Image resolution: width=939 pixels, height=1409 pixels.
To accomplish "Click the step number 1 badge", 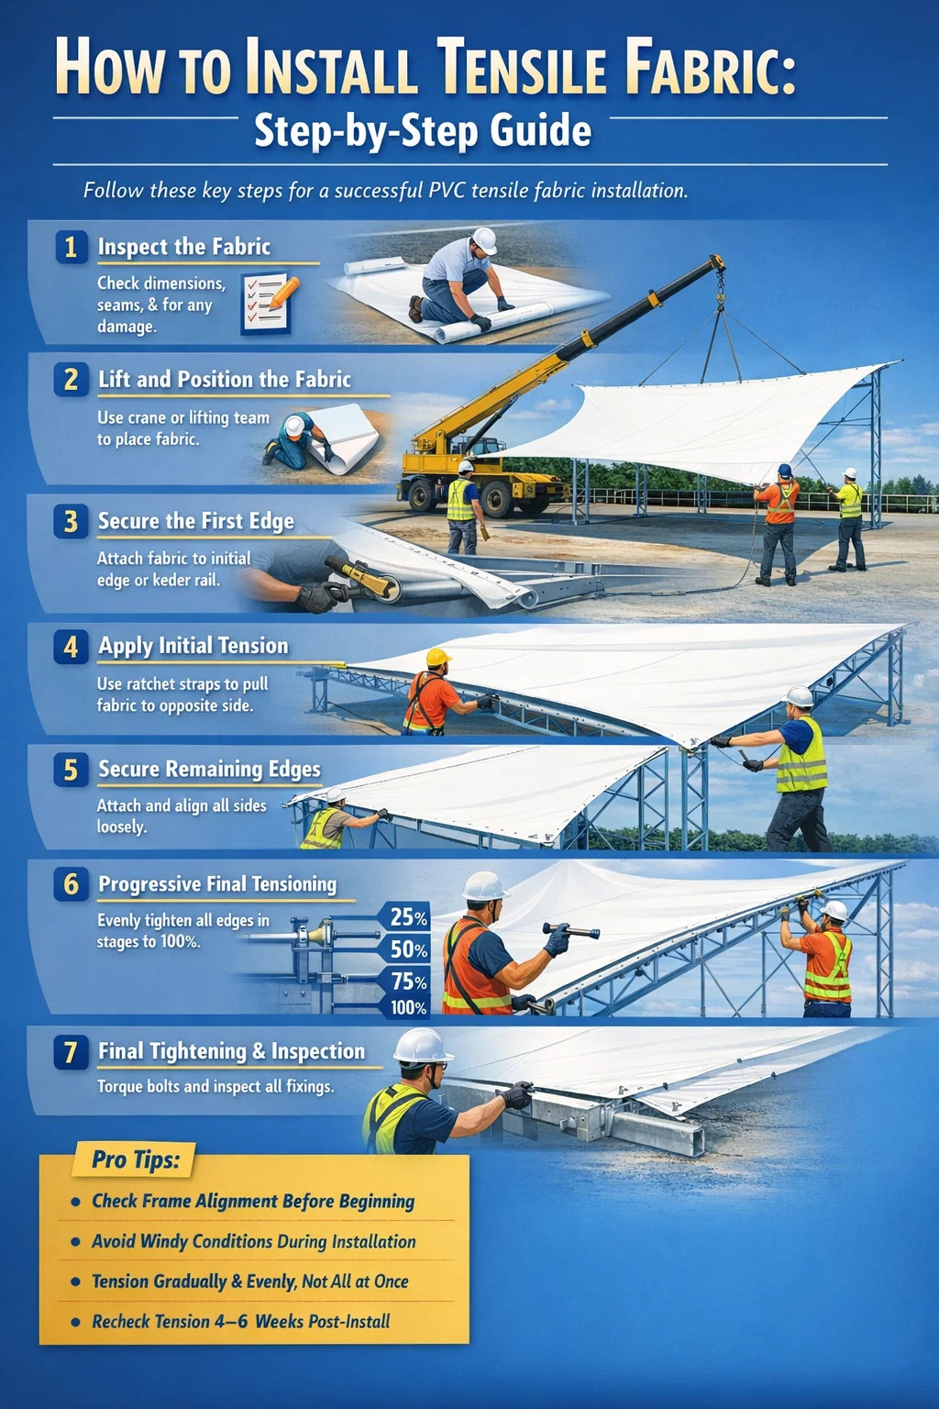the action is pos(71,247).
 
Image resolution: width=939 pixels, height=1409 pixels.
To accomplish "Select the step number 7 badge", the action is pos(71,1053).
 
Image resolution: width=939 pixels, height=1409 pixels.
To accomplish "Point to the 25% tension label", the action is pos(408,917).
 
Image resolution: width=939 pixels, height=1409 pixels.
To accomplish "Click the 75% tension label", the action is pos(408,982).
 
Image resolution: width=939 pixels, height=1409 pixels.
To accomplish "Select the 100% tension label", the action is pos(408,1008).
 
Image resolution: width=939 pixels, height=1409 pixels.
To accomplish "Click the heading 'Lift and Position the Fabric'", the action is pos(225,379).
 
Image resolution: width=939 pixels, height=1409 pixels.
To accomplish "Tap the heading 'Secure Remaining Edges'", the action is pos(209,770).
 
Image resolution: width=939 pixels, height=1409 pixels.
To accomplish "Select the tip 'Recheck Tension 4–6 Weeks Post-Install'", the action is pos(241,1322).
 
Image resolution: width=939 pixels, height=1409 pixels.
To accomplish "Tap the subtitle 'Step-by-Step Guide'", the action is pos(423,132).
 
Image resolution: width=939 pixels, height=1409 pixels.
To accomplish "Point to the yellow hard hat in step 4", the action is pos(438,658).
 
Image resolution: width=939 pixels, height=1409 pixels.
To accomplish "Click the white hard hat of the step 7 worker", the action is pos(423,1047).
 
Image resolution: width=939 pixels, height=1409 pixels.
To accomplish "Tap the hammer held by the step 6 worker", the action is pos(571,930).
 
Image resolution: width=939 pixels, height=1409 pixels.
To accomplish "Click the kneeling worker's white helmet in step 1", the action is pos(484,241).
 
